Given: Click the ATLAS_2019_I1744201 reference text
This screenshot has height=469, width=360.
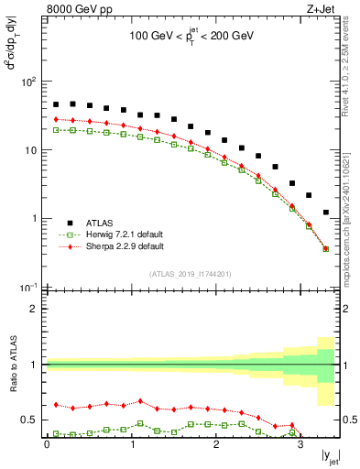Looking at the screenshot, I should click(191, 274).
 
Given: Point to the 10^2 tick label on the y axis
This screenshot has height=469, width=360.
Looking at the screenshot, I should click(29, 82).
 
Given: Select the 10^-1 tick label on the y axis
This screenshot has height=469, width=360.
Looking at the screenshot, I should click(29, 288).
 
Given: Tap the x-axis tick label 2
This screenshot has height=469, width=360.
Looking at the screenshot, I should click(216, 444).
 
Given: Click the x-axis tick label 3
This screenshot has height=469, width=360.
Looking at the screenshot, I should click(300, 444).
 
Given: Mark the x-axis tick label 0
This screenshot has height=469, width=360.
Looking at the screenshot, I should click(47, 444).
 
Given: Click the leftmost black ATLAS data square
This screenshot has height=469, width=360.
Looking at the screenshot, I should click(56, 104).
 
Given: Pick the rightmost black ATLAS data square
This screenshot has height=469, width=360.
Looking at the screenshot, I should click(326, 213).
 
